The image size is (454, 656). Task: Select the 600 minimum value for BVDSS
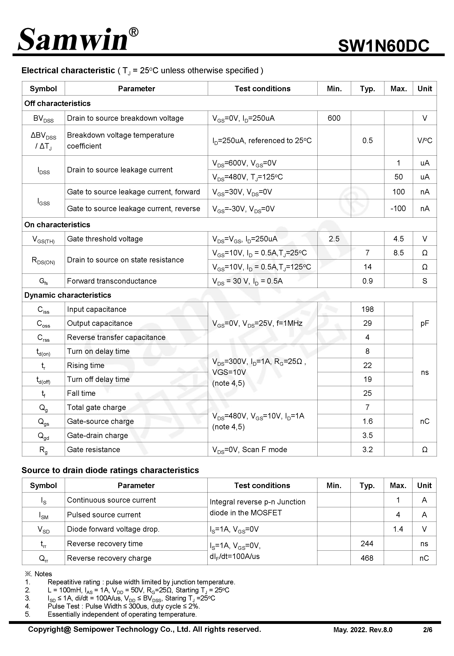coord(334,118)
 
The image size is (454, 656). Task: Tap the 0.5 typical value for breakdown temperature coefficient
coord(367,140)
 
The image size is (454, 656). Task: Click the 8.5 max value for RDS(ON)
coord(398,253)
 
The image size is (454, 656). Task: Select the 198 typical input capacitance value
coord(367,309)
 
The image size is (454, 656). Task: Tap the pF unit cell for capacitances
coord(424,323)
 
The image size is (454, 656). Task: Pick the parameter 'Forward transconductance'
coord(112,281)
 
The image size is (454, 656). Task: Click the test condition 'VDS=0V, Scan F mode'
coord(249,450)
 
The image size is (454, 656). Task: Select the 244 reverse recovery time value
coord(367,544)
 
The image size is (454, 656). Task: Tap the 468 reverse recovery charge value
coord(367,558)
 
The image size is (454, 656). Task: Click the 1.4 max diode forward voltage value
coord(398,529)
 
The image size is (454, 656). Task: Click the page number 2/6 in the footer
coord(427,630)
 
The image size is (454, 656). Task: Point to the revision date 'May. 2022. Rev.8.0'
coord(363,630)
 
